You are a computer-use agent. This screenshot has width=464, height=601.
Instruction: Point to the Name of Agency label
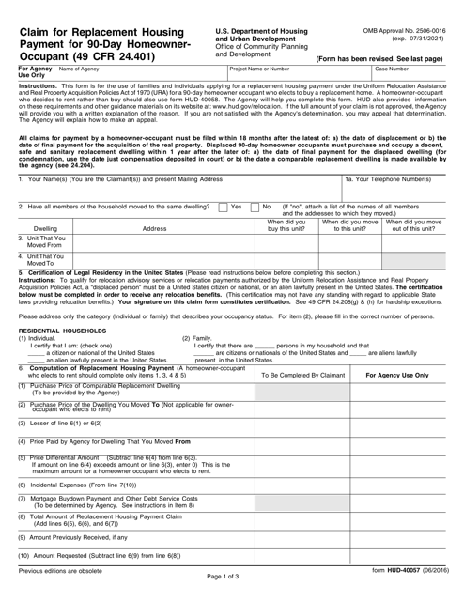pyautogui.click(x=80, y=69)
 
